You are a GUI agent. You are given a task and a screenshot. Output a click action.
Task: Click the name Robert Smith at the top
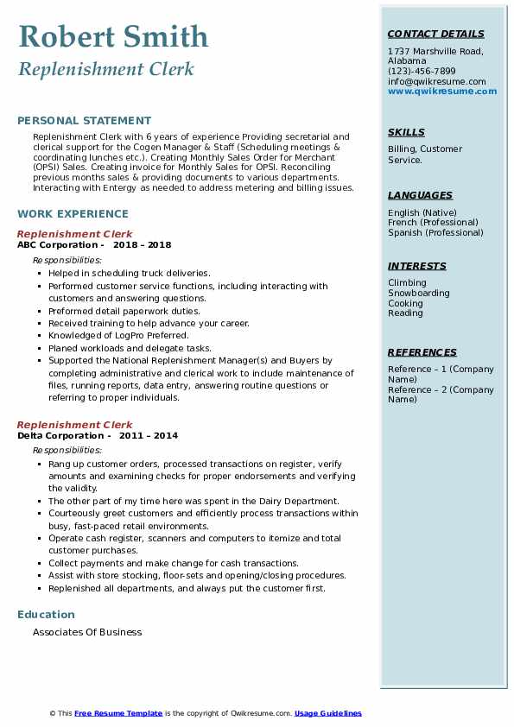112,36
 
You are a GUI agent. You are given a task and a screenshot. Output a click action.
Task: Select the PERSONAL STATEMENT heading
84,121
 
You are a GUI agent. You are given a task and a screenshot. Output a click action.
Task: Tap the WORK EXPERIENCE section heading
73,214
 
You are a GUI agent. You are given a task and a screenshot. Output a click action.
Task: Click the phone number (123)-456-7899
422,72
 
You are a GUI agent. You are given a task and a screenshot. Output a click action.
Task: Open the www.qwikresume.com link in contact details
437,92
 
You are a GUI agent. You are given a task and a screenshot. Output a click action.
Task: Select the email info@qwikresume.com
436,82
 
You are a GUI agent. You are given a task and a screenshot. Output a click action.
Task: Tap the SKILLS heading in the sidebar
406,133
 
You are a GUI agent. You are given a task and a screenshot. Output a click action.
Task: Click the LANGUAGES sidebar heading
420,196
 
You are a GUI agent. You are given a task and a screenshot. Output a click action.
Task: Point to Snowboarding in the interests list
419,293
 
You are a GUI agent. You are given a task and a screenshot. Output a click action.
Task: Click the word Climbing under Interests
407,282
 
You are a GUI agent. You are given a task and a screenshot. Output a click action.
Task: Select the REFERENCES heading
422,353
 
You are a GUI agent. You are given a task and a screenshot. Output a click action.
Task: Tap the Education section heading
46,615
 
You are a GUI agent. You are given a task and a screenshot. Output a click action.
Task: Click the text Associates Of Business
87,632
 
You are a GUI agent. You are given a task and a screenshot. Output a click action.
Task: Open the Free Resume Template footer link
118,713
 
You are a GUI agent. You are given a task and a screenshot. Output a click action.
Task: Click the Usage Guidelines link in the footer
327,713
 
